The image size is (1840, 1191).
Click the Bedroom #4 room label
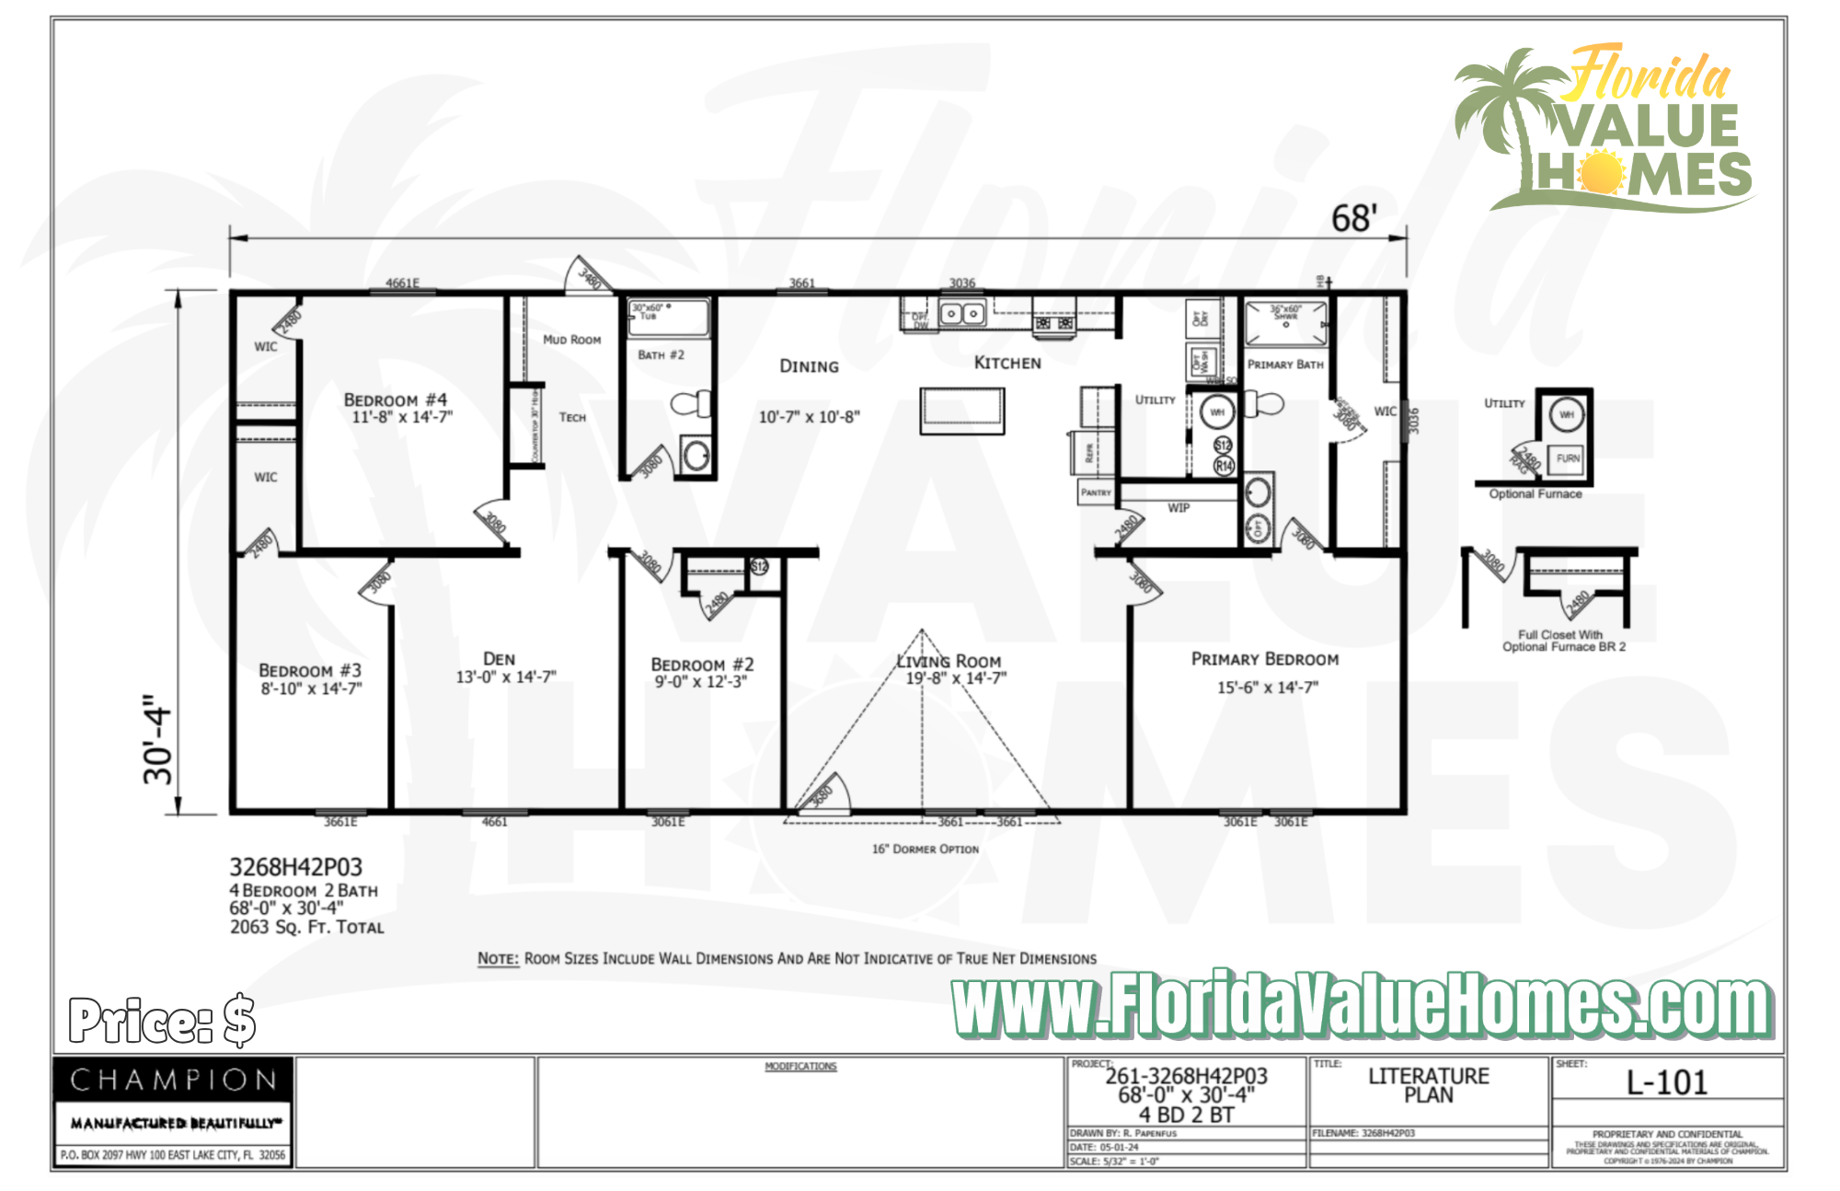tap(395, 399)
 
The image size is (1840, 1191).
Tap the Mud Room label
tap(571, 340)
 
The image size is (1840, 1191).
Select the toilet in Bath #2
tap(691, 403)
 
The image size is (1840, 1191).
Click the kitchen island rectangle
tap(961, 410)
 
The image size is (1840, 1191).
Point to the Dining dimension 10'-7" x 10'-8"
tap(809, 417)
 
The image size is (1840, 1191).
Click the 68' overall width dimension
tap(1353, 219)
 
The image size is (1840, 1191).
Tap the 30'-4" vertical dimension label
tap(158, 739)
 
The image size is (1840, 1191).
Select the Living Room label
tap(949, 661)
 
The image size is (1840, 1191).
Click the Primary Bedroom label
tap(1264, 659)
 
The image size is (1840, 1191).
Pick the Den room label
tap(499, 659)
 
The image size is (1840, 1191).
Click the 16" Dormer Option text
tap(925, 849)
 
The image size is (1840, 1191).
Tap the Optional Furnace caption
tap(1535, 494)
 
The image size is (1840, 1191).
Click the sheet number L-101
tap(1666, 1082)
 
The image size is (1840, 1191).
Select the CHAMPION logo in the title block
tap(173, 1080)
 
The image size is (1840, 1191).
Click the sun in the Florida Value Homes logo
tap(1600, 172)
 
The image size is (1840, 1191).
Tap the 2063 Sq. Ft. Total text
tap(306, 927)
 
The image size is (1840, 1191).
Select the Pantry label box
tap(1095, 492)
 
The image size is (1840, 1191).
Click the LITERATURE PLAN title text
tap(1428, 1085)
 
